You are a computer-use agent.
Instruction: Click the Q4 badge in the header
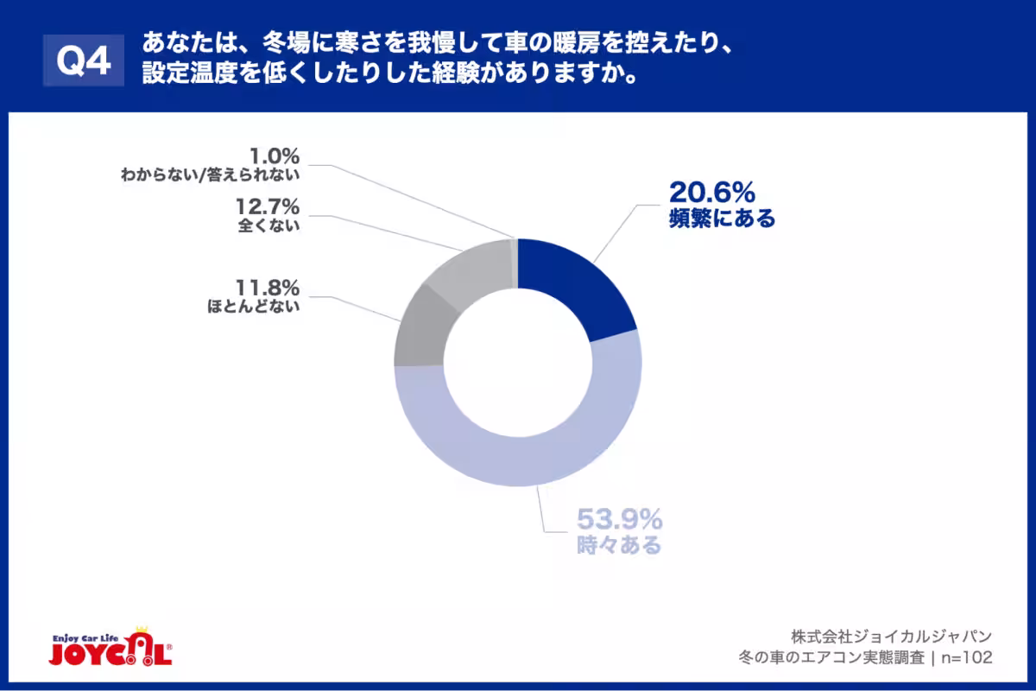[84, 61]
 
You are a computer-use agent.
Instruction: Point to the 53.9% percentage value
[620, 520]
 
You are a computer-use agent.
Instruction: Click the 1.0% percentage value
[274, 156]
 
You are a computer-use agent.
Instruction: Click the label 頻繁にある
[722, 219]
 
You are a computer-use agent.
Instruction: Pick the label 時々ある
[619, 546]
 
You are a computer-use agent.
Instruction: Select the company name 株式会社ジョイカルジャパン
[891, 633]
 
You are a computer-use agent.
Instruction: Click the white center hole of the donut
[518, 363]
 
